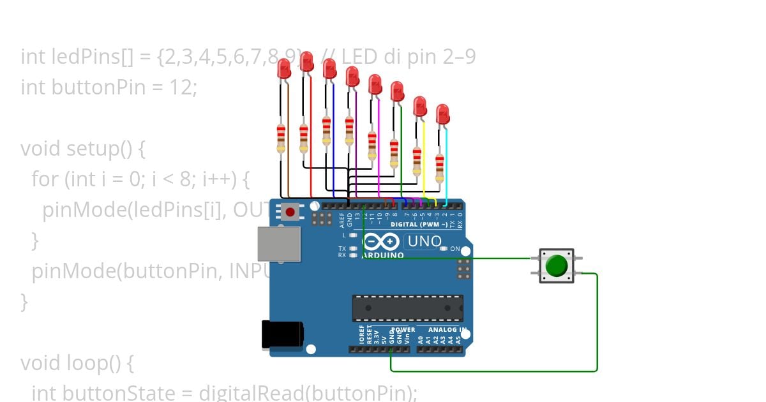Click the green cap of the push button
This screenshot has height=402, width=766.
coord(557,265)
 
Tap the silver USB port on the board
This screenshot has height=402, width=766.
coord(279,243)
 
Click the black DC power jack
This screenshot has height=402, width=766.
coord(281,335)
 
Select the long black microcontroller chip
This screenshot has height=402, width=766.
coord(408,308)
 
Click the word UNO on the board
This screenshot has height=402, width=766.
coord(424,241)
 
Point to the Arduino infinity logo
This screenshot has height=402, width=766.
coord(382,242)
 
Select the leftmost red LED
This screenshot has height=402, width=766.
coord(284,68)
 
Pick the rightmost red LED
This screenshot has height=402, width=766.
coord(443,115)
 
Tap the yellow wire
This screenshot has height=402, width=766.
coord(424,160)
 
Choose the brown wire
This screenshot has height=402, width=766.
coord(289,140)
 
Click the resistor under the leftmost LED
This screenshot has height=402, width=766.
coord(280,139)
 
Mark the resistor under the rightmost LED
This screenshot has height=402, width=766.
coord(439,167)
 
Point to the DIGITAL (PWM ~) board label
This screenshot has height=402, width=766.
coord(419,225)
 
